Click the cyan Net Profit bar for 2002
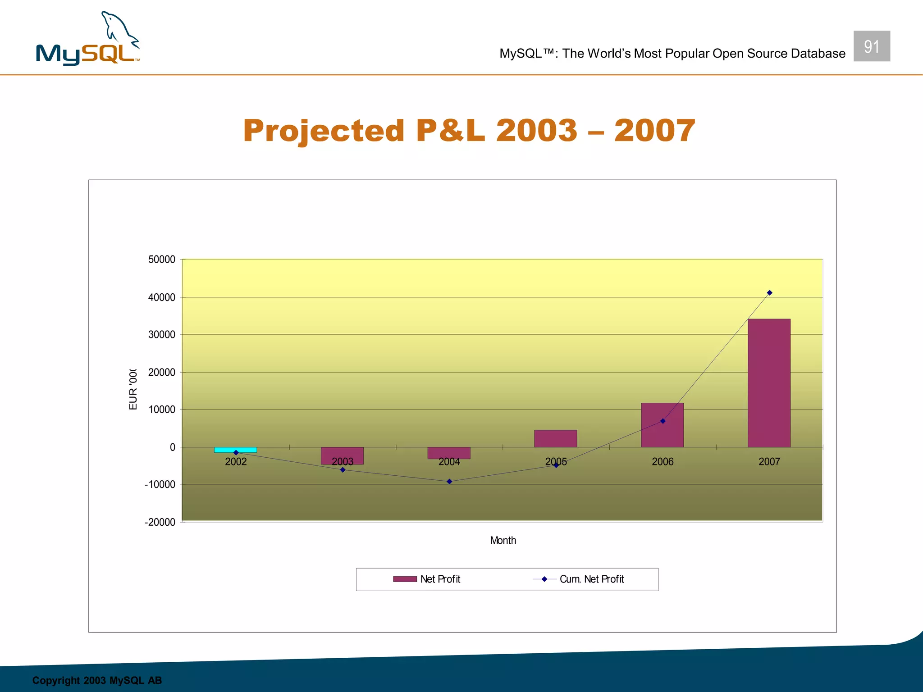coord(235,450)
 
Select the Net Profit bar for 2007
coord(769,383)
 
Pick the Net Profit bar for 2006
coord(662,425)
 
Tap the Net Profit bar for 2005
coord(555,438)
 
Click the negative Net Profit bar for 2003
coord(342,455)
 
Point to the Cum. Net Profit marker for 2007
coord(769,293)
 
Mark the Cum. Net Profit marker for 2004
coord(449,482)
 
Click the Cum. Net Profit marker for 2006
coord(663,421)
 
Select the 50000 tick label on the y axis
coord(162,259)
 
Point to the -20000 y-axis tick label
coord(160,522)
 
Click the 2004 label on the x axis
coord(449,462)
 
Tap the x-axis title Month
coord(503,541)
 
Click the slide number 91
coord(872,46)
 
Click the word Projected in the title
coord(324,131)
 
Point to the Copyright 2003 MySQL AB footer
coord(97,680)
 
